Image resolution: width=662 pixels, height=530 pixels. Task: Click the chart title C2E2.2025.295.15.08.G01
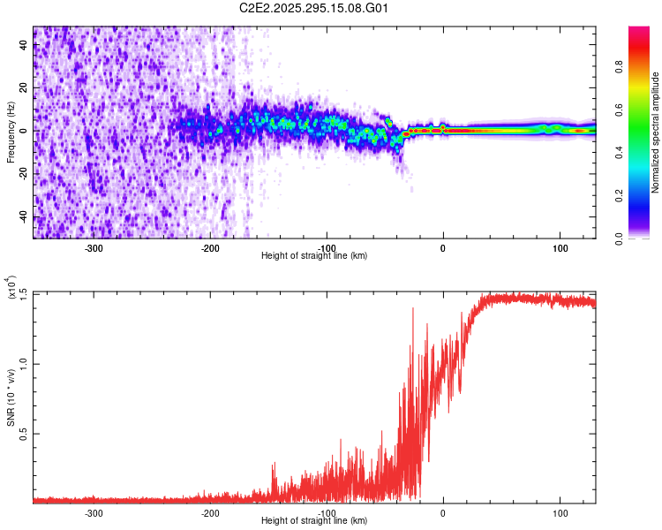[314, 8]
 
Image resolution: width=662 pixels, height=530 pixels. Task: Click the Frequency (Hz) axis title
[10, 132]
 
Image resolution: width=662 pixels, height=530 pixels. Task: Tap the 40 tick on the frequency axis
[23, 45]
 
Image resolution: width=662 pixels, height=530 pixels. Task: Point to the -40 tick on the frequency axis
[21, 217]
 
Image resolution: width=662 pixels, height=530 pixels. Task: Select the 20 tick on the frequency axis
[23, 88]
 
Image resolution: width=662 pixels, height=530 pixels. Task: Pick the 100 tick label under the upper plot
[560, 248]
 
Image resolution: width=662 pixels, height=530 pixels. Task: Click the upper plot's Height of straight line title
[314, 255]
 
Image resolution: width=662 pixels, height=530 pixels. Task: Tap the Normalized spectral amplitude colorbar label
[655, 133]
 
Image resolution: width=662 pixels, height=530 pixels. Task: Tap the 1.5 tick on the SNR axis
[23, 293]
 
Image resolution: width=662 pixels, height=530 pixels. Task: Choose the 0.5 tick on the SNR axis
[23, 434]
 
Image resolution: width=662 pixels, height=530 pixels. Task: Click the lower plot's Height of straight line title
[314, 520]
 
